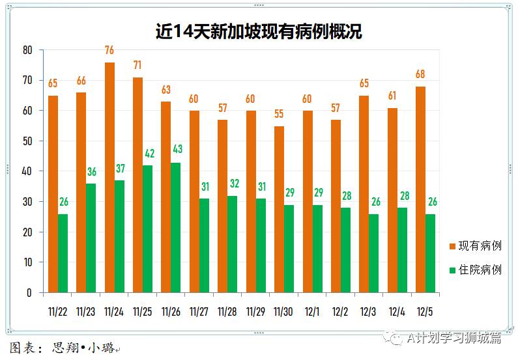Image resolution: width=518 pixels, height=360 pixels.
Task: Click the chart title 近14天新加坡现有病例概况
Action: pyautogui.click(x=259, y=31)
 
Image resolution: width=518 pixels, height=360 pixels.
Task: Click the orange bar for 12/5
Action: pyautogui.click(x=420, y=189)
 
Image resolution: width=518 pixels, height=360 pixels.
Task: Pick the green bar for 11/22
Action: pyautogui.click(x=63, y=253)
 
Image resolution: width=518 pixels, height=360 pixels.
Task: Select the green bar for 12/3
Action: pyautogui.click(x=375, y=253)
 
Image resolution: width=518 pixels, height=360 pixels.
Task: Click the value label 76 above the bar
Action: pyautogui.click(x=109, y=50)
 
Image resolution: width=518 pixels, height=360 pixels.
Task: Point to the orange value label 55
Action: pyautogui.click(x=279, y=114)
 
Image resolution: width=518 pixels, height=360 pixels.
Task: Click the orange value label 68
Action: pyautogui.click(x=420, y=74)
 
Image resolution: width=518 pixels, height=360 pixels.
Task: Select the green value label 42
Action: pyautogui.click(x=149, y=154)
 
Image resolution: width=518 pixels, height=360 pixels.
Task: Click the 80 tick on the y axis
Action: pyautogui.click(x=27, y=50)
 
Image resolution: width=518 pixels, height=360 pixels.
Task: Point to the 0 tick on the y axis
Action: pyautogui.click(x=29, y=293)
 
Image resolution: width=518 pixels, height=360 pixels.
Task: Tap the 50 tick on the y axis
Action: pyautogui.click(x=27, y=141)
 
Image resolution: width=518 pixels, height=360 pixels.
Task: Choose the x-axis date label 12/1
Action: pyautogui.click(x=311, y=312)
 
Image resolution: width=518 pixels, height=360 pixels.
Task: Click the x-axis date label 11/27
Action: pyautogui.click(x=198, y=312)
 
